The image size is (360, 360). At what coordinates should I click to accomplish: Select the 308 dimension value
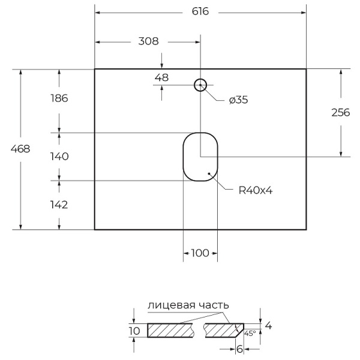(148, 41)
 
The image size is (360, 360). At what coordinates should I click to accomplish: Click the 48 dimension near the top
(161, 77)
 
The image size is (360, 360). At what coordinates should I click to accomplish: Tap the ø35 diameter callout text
(238, 100)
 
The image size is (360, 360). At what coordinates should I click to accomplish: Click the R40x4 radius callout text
(256, 191)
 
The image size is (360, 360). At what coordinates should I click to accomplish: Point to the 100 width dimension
(200, 253)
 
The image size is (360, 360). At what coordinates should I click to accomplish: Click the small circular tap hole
(200, 85)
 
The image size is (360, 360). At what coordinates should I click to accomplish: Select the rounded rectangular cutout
(200, 156)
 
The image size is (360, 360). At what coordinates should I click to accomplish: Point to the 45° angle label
(250, 333)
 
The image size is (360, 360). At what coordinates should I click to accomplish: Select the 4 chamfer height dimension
(268, 326)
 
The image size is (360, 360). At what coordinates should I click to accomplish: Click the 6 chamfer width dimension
(239, 348)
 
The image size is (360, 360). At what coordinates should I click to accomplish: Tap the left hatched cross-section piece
(170, 330)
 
